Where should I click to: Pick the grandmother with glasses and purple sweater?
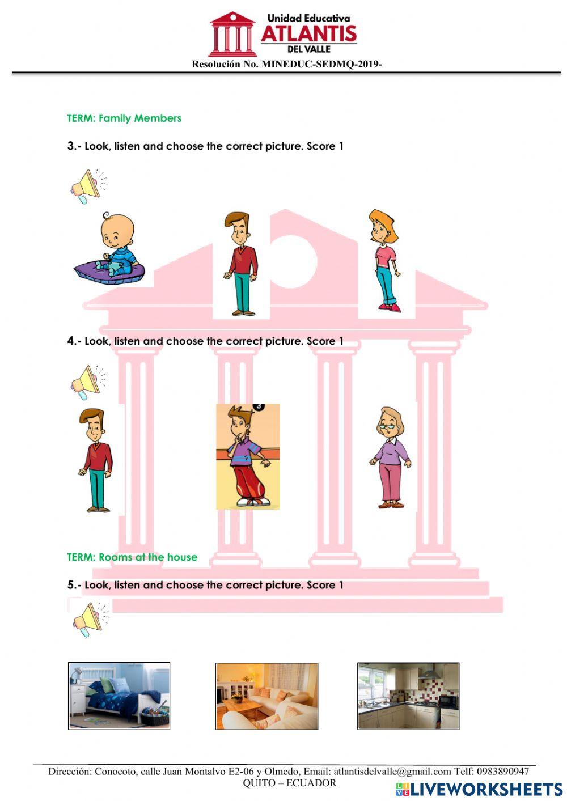pyautogui.click(x=390, y=457)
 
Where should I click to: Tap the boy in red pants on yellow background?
pyautogui.click(x=247, y=456)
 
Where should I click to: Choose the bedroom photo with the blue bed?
pyautogui.click(x=119, y=696)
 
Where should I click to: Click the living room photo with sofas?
pyautogui.click(x=266, y=696)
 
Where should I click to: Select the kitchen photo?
pyautogui.click(x=408, y=696)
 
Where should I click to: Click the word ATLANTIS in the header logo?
pyautogui.click(x=308, y=34)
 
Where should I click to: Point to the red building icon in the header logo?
pyautogui.click(x=232, y=34)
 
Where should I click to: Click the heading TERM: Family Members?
pyautogui.click(x=124, y=118)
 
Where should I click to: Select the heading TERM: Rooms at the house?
pyautogui.click(x=132, y=557)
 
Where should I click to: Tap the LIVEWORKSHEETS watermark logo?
pyautogui.click(x=479, y=789)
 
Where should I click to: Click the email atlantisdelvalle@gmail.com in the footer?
pyautogui.click(x=392, y=771)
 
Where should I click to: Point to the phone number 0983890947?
pyautogui.click(x=502, y=771)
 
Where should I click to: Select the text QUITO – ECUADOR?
pyautogui.click(x=289, y=783)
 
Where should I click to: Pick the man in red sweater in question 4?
pyautogui.click(x=96, y=460)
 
